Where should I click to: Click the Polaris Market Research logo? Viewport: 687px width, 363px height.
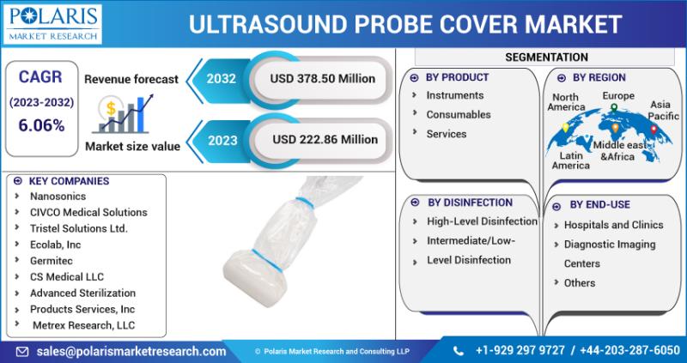(x=52, y=24)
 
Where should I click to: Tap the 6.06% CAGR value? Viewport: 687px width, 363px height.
(x=41, y=125)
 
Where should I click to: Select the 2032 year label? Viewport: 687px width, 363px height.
(x=222, y=79)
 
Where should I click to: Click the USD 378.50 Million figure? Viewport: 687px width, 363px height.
(x=323, y=79)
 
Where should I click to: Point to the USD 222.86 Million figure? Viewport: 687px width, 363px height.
(x=325, y=140)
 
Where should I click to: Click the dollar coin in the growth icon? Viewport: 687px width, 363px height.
(x=111, y=108)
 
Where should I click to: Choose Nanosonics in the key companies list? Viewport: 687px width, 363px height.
(x=58, y=197)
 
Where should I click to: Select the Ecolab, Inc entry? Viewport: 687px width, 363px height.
(x=55, y=245)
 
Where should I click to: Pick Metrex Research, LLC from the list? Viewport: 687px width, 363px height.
(x=83, y=325)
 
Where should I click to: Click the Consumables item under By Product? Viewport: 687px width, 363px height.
(x=459, y=115)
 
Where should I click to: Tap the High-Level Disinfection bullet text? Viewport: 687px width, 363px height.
(x=482, y=221)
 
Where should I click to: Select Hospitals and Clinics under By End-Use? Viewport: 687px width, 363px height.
(x=613, y=225)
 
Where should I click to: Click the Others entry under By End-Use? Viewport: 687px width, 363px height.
(x=579, y=283)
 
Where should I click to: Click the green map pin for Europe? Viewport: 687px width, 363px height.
(x=614, y=108)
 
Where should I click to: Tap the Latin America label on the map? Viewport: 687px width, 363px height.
(x=570, y=160)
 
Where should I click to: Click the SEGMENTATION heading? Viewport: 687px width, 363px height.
(x=546, y=57)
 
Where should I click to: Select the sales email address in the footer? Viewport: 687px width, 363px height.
(x=131, y=351)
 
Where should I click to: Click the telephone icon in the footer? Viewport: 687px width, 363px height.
(x=459, y=351)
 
